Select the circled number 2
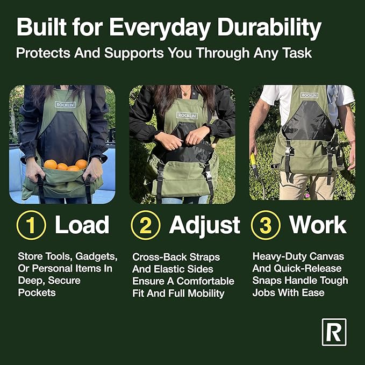[146, 226]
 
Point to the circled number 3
[266, 226]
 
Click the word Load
[82, 226]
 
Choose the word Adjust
[204, 226]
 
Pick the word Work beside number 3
[319, 226]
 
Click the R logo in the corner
[334, 332]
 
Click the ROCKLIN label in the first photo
[65, 104]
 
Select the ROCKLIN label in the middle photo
[187, 115]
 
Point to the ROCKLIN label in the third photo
[309, 95]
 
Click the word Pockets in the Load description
[36, 292]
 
